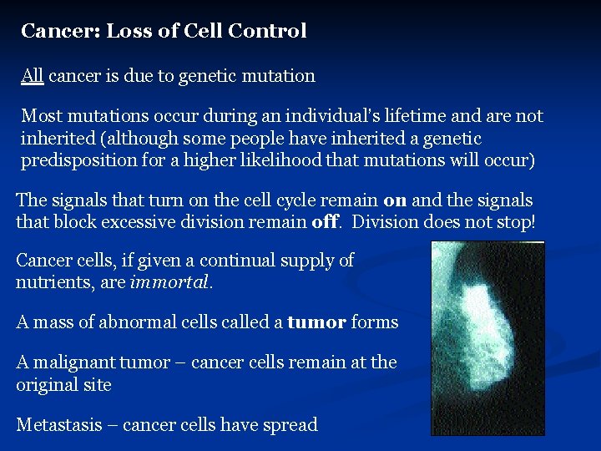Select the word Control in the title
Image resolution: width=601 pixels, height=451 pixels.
point(267,32)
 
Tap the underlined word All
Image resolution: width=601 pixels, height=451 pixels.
point(33,76)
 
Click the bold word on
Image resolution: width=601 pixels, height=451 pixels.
point(396,201)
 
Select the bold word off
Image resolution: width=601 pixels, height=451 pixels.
point(324,222)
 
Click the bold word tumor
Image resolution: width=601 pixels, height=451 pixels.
point(316,322)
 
